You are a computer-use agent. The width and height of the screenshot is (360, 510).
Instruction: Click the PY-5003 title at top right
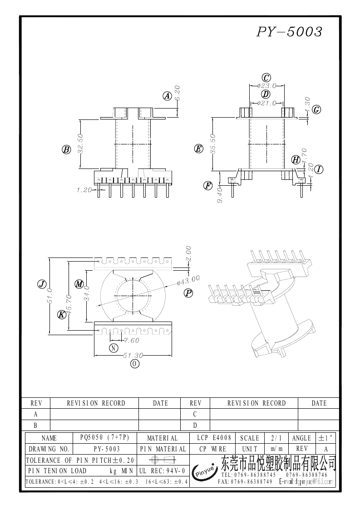coord(289,32)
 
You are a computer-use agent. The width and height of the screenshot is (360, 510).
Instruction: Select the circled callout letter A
coord(167,96)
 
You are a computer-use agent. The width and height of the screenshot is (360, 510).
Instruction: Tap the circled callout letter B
coord(66,149)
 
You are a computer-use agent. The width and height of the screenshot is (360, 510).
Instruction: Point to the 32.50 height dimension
coord(80,144)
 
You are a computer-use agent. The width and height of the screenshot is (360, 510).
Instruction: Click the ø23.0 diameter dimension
coord(266,85)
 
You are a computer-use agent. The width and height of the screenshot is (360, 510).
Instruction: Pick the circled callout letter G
coord(317,109)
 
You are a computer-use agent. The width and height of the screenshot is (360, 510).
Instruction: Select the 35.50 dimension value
coord(213,144)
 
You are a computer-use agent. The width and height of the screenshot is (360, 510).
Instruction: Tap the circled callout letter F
coord(208,185)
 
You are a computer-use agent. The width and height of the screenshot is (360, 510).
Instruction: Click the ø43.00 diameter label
coord(188,280)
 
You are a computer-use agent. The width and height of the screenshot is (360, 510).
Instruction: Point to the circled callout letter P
coord(188,293)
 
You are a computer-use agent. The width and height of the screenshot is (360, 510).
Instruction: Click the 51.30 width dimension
coord(133,356)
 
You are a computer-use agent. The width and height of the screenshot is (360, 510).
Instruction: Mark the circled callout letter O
coord(134,363)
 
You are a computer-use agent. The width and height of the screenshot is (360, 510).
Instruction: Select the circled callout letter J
coord(41,284)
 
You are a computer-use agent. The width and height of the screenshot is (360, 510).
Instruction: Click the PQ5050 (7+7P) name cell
coord(104,438)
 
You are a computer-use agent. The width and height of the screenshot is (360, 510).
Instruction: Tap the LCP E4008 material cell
coord(214,438)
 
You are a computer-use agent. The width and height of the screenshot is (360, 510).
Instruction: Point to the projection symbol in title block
coord(163,460)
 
